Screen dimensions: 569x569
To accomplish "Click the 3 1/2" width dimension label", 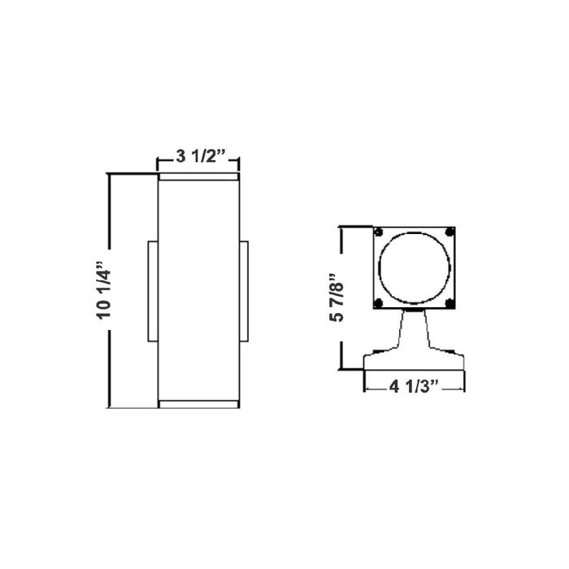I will pyautogui.click(x=198, y=158).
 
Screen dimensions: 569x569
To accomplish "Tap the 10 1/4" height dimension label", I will pyautogui.click(x=102, y=290).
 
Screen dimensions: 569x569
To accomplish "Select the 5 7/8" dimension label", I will pyautogui.click(x=334, y=298).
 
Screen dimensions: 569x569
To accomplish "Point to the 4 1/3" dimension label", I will pyautogui.click(x=414, y=386).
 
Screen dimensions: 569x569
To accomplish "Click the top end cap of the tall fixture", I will pyautogui.click(x=198, y=176).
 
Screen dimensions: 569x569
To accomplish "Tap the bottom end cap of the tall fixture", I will pyautogui.click(x=198, y=404).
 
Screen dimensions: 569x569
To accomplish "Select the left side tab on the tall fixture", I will pyautogui.click(x=152, y=290).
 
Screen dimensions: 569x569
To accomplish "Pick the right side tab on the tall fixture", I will pyautogui.click(x=244, y=290).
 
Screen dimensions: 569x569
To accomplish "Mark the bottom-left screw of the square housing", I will pyautogui.click(x=379, y=303).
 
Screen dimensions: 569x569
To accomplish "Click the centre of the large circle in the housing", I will pyautogui.click(x=414, y=267).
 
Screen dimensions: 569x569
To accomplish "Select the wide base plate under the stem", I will pyautogui.click(x=414, y=359).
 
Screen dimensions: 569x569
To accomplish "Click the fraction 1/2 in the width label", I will pyautogui.click(x=209, y=158).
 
